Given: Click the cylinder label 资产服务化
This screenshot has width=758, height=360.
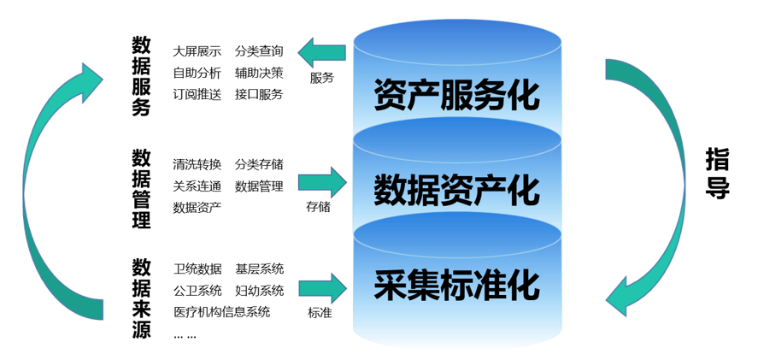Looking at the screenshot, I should click(x=456, y=95).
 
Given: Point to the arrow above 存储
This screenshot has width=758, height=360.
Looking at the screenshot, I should click(x=322, y=182).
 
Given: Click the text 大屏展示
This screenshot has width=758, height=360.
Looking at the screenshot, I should click(x=197, y=51).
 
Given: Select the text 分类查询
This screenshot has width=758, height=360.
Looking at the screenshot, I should click(x=259, y=51).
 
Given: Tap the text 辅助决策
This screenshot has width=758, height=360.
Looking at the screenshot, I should click(x=259, y=73).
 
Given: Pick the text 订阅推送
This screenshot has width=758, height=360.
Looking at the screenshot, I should click(x=197, y=94).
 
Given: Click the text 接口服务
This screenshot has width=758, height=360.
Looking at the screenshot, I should click(x=259, y=94).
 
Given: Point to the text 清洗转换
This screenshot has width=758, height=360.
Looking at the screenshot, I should click(x=197, y=164).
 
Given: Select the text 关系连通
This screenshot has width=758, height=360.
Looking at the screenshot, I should click(x=197, y=186).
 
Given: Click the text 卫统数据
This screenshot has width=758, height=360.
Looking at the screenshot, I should click(x=197, y=269).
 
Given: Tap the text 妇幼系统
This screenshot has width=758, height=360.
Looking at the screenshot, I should click(x=259, y=290).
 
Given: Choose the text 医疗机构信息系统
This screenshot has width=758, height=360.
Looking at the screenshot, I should click(x=221, y=311).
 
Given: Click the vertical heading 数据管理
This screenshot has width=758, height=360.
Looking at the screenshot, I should click(x=142, y=189).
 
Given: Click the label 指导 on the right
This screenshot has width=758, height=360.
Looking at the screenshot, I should click(x=718, y=174).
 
